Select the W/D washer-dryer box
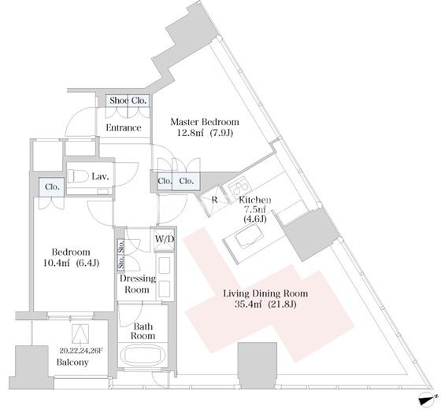165,239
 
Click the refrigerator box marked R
213,201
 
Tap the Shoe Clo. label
128,101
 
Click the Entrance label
124,127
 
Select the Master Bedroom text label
205,122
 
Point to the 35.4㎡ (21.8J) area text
265,304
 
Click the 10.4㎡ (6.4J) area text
71,263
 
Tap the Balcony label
72,362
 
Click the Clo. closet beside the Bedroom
52,187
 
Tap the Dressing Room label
138,284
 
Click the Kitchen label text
255,200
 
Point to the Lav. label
101,177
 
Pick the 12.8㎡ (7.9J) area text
205,133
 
